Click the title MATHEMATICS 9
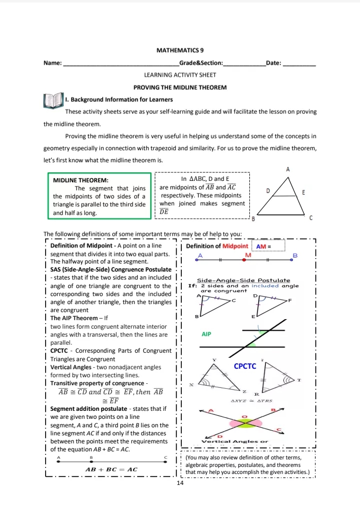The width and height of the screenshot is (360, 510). click(x=180, y=51)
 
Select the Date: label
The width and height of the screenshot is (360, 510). click(x=274, y=63)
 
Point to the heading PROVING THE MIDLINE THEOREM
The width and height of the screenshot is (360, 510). click(x=180, y=87)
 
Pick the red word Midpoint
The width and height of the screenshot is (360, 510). click(x=235, y=246)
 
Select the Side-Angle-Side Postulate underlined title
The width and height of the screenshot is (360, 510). click(x=244, y=280)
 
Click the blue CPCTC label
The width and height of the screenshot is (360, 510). click(x=245, y=366)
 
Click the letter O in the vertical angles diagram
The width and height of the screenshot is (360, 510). click(x=244, y=416)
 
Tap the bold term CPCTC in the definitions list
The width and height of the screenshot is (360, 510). click(x=61, y=352)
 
